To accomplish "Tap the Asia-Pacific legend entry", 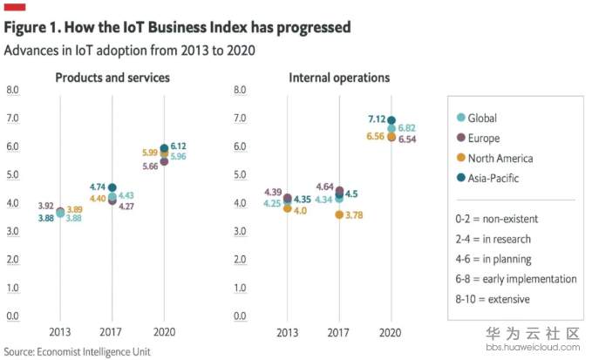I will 493,180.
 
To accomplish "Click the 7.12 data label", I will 377,119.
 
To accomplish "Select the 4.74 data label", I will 96,187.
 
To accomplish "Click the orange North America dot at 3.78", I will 339,214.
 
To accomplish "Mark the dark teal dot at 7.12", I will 391,120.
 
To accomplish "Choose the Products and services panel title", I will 112,78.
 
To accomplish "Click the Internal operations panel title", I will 339,78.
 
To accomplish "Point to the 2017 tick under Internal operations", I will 339,333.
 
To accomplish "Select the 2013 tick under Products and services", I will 60,333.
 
